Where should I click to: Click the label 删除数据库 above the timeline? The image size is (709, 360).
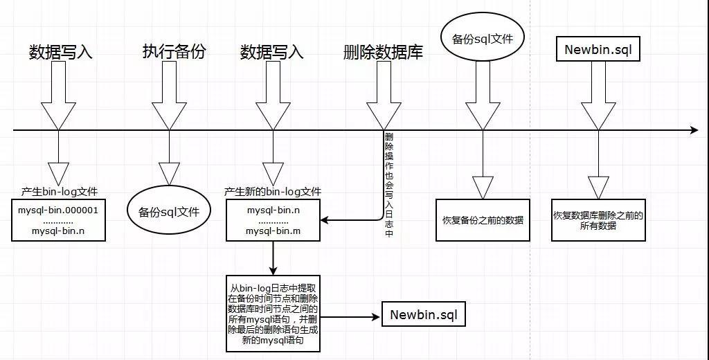(x=383, y=53)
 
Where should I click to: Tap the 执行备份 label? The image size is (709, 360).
(x=174, y=52)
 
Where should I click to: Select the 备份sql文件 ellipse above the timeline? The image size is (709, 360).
(x=483, y=39)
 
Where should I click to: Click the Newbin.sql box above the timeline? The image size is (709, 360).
(x=598, y=50)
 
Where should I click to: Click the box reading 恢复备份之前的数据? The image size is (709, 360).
(x=483, y=220)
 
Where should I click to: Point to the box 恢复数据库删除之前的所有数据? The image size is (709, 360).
(x=598, y=220)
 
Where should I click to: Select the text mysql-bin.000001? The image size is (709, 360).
(x=58, y=209)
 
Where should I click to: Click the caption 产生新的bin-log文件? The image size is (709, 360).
(x=273, y=191)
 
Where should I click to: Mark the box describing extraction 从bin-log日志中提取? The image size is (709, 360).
(x=273, y=314)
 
